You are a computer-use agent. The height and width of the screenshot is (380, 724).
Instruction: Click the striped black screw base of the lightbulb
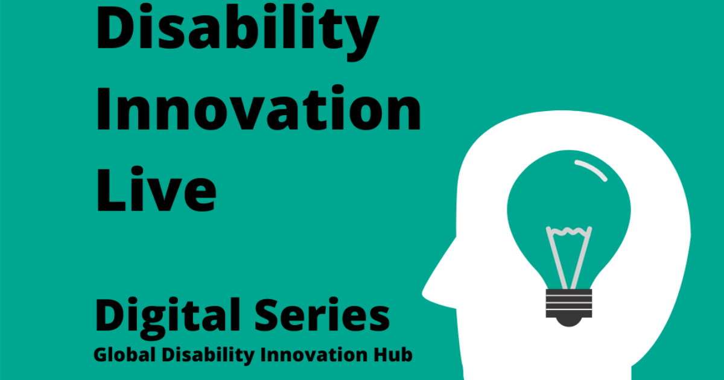coord(568,303)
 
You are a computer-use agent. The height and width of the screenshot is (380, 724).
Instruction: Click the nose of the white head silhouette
coord(430,288)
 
